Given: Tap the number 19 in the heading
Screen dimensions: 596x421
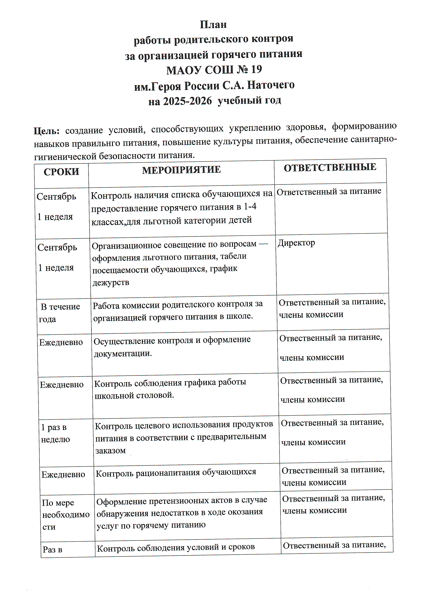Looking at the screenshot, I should pyautogui.click(x=256, y=69).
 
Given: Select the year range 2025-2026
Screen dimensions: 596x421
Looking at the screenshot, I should pyautogui.click(x=187, y=101).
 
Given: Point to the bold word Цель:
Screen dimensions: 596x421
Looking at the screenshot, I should pyautogui.click(x=47, y=131).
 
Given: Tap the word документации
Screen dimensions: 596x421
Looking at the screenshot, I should pyautogui.click(x=123, y=353).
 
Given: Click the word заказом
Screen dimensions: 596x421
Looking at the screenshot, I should pyautogui.click(x=111, y=451).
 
